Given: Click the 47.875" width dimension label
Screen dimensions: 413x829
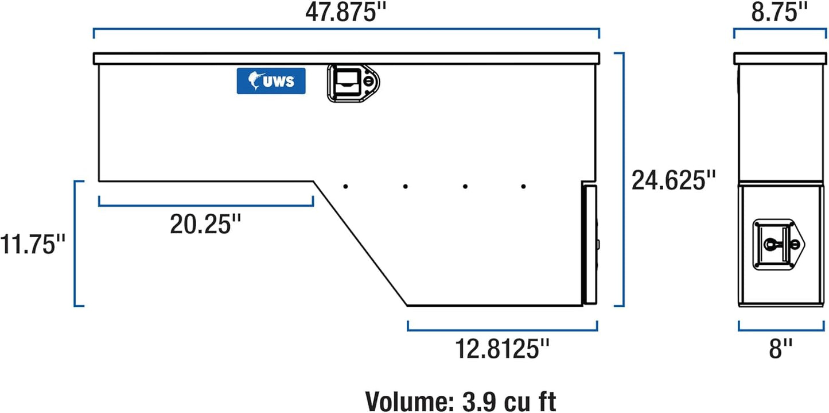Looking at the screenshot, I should coord(345,12).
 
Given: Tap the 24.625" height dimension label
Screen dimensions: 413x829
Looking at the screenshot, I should coord(674,180).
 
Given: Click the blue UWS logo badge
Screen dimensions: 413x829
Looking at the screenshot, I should coord(271,81).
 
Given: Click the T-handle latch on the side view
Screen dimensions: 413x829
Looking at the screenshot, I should coord(775,244).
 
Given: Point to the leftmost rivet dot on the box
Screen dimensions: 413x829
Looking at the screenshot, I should coord(345,186).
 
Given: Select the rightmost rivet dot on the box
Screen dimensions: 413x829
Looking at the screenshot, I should coord(523,186).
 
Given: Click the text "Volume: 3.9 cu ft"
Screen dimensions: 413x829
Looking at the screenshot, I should coord(460,400).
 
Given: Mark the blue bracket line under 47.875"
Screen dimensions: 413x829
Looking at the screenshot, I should coord(346,28).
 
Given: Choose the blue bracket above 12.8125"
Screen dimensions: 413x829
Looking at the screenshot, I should coord(503,329).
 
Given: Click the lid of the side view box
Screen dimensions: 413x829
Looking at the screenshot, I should coord(779,58).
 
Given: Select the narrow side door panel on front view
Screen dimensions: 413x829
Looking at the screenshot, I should coord(589,244).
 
